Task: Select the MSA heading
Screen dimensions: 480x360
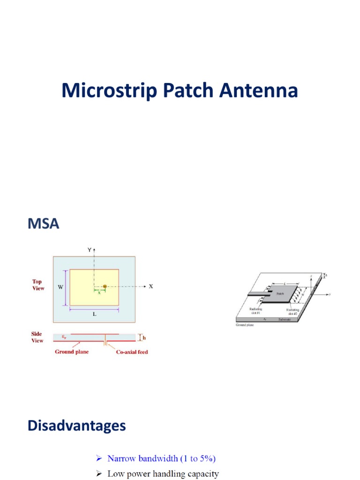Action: (x=43, y=224)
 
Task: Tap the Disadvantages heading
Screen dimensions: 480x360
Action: (x=76, y=426)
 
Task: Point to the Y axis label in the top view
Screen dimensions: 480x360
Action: (x=89, y=250)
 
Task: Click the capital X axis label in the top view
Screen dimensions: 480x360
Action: (x=151, y=286)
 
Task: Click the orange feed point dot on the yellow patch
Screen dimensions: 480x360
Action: (x=105, y=286)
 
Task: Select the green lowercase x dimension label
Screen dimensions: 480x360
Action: (x=99, y=292)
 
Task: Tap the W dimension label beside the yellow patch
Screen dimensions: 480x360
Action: (x=60, y=287)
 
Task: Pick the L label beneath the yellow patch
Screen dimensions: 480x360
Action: (x=94, y=315)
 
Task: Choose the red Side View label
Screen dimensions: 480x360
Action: (x=37, y=337)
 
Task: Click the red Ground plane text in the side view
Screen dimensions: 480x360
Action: (x=72, y=352)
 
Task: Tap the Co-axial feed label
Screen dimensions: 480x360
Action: (x=132, y=352)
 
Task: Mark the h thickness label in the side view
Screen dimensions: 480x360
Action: (x=144, y=337)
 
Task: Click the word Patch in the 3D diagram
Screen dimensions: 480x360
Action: (x=280, y=293)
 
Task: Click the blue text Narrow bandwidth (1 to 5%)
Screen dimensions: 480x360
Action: (x=162, y=458)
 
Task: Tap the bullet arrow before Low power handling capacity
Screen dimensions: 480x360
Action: (x=99, y=474)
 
